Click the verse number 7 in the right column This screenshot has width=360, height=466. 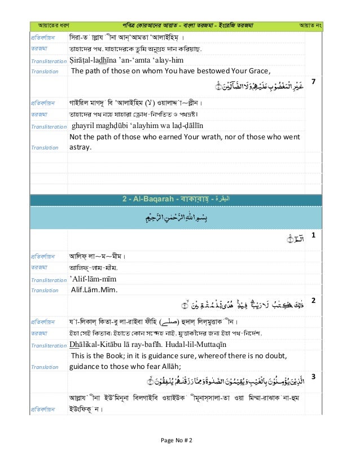click(314, 82)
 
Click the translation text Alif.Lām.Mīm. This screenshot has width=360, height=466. click(94, 291)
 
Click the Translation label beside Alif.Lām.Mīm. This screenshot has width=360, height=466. click(45, 291)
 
